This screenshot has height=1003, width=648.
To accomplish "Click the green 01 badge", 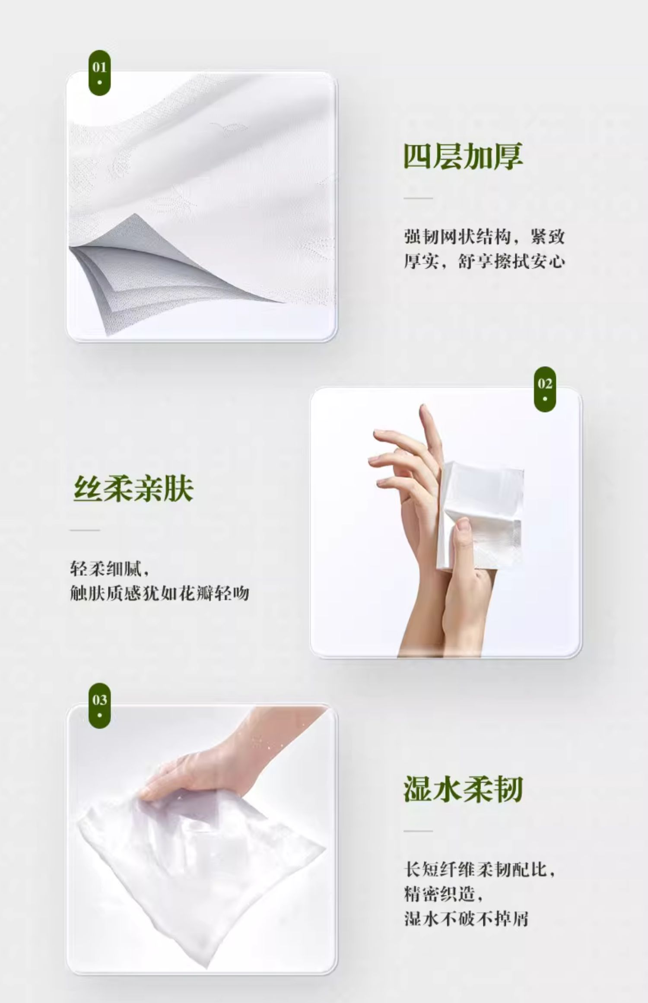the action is pos(99,73).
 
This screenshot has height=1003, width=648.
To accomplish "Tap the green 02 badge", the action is pos(545,389).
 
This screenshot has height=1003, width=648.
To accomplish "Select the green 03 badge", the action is pos(99,705).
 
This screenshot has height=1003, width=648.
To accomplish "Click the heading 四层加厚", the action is pos(463,156).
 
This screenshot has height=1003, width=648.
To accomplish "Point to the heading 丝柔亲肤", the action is pos(133,489).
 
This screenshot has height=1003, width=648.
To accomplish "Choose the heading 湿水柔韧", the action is pos(463,789).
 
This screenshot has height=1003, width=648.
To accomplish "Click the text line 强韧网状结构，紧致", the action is pos(484,237).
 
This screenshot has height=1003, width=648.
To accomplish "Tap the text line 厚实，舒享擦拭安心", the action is pos(484,261).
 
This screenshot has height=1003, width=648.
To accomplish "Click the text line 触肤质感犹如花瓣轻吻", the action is pos(159,593).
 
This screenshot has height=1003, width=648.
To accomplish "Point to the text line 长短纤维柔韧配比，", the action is pos(480,870).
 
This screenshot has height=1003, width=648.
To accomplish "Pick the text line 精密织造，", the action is pos(443,894).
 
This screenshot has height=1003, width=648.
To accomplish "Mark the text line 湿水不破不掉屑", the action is pos(466,918).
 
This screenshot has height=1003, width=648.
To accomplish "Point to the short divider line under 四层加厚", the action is pos(418,198).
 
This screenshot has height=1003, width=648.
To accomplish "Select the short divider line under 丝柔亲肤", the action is pos(85,530).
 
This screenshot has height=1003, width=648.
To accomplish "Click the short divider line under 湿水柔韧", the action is pos(418,831).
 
